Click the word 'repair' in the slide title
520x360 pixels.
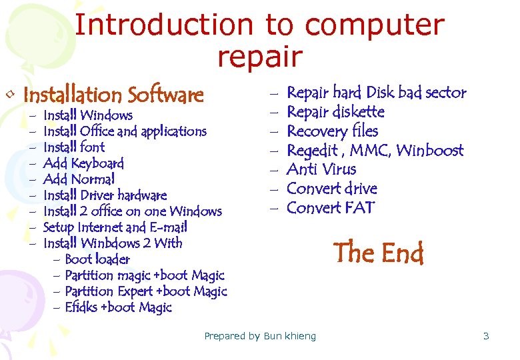(x=259, y=57)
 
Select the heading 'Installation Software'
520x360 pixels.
(x=113, y=95)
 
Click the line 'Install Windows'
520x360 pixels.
(x=87, y=115)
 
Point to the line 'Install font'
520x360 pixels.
(x=73, y=147)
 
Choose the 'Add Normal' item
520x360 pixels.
(x=79, y=179)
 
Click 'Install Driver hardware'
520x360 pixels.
(x=105, y=195)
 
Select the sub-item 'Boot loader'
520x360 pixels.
(x=97, y=259)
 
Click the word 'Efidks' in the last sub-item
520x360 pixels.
(x=81, y=307)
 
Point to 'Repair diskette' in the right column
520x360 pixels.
(x=335, y=112)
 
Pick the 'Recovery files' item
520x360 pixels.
(x=332, y=131)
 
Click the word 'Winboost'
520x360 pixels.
(x=429, y=151)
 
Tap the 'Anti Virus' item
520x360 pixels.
(x=321, y=169)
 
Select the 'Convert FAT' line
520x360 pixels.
(x=331, y=208)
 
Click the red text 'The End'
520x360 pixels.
(x=379, y=253)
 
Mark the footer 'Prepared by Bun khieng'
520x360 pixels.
(x=260, y=336)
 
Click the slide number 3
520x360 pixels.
(x=486, y=336)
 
